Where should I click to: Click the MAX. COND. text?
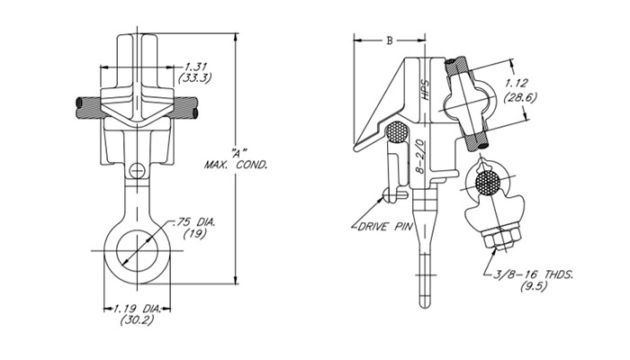pos(237,165)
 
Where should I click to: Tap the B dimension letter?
pos(389,40)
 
